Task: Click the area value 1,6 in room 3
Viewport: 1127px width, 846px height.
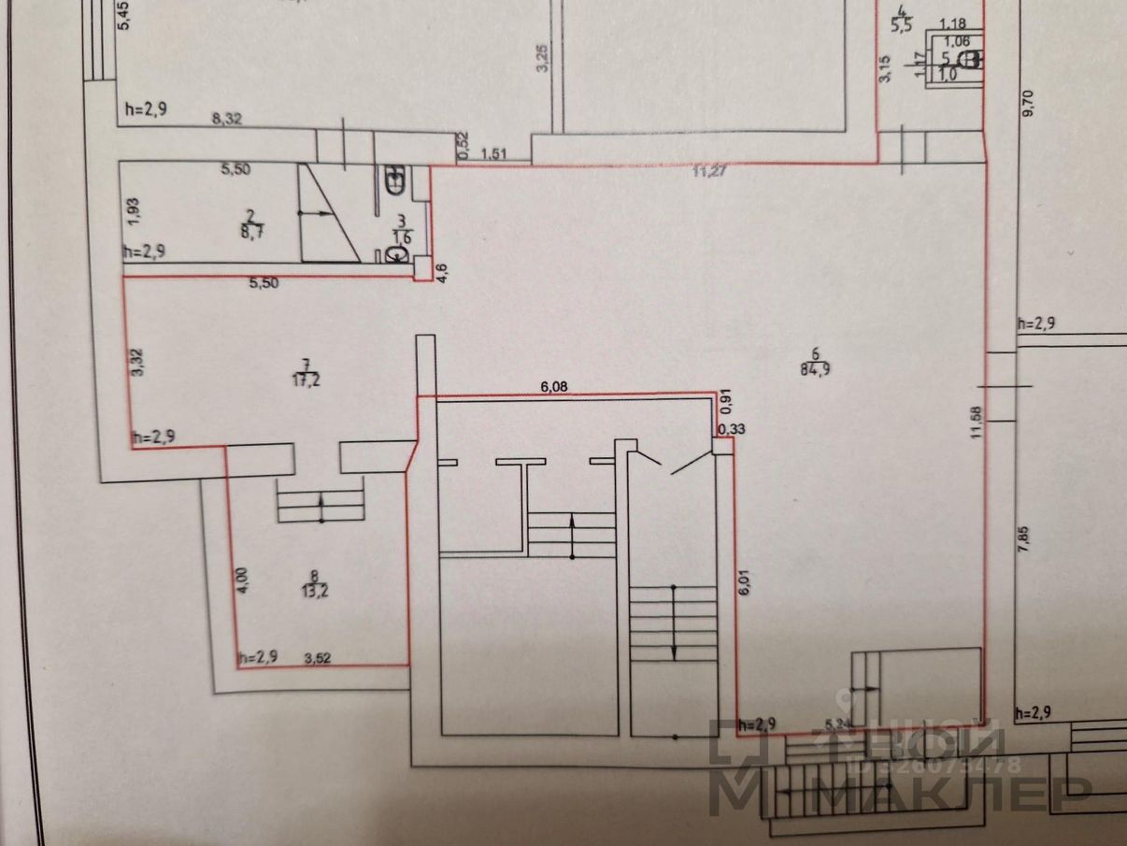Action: tap(402, 237)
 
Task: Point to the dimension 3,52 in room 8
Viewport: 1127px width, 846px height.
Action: tap(319, 657)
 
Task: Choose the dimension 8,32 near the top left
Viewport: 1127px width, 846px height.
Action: tap(229, 119)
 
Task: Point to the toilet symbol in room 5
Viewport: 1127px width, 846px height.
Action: tap(971, 61)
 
